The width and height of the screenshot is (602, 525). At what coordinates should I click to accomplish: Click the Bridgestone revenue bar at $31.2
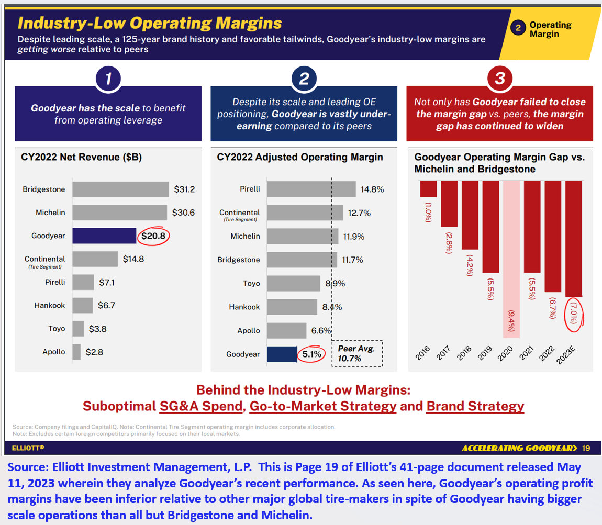coord(120,189)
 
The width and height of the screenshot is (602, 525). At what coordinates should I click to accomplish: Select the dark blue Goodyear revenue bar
coord(104,236)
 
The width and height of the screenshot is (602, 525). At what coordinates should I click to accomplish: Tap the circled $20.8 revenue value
coord(154,236)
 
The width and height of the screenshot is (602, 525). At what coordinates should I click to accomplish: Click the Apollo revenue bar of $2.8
coord(76,352)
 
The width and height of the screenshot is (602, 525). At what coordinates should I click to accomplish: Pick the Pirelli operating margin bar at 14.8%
coord(311,189)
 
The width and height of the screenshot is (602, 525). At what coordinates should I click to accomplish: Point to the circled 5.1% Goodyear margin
coord(311,354)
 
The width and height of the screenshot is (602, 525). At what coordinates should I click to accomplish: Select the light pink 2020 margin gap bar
coord(511,259)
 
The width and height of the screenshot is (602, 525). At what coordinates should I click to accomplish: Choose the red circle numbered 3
coord(500,79)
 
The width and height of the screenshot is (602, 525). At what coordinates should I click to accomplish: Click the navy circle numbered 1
coord(108,79)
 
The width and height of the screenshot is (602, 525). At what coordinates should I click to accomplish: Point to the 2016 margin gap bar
coord(428,188)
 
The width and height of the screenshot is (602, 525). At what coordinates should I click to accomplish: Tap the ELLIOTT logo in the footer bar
coord(28,448)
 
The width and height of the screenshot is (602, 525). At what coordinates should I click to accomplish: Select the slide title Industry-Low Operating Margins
coord(150,23)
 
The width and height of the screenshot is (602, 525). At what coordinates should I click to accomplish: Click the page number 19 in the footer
coord(586,448)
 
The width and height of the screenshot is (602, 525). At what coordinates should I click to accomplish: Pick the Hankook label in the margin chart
coord(244,307)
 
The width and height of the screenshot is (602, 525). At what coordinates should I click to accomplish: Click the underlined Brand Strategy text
coord(475,406)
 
